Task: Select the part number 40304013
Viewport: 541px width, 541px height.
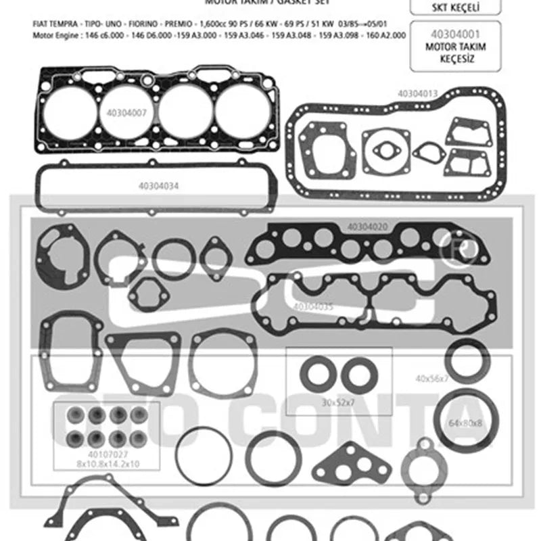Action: point(417,93)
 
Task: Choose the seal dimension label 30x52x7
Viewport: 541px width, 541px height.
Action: point(339,402)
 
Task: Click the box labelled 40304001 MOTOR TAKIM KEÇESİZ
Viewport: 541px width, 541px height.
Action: point(455,46)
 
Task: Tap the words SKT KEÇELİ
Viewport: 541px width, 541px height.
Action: point(455,7)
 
